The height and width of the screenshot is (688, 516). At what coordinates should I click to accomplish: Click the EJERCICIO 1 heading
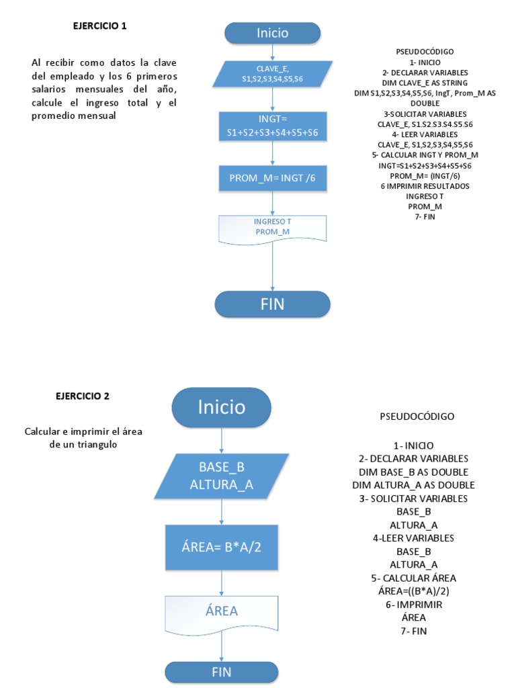[x=99, y=26]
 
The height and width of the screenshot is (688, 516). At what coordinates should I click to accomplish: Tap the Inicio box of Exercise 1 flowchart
[x=272, y=33]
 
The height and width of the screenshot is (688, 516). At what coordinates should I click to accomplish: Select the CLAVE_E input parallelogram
[x=272, y=74]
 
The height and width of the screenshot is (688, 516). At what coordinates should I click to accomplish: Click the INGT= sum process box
[x=272, y=126]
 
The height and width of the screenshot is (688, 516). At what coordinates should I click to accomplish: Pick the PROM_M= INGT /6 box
[x=272, y=178]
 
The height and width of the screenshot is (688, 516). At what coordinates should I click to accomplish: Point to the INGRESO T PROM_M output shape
[x=272, y=227]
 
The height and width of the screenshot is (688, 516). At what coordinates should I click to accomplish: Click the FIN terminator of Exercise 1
[x=272, y=304]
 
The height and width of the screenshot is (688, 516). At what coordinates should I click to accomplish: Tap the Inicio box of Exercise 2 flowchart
[x=221, y=408]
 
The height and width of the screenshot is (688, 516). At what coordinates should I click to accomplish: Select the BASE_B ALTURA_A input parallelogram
[x=221, y=476]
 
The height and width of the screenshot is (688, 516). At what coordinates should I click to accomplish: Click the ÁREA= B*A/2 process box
[x=221, y=546]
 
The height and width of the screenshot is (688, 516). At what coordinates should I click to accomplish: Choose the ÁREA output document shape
[x=221, y=611]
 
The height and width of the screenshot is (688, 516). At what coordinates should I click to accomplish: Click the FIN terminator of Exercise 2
[x=221, y=671]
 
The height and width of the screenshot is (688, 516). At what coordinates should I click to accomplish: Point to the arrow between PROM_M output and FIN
[x=272, y=265]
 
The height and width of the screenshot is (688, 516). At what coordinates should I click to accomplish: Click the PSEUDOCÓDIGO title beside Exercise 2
[x=417, y=417]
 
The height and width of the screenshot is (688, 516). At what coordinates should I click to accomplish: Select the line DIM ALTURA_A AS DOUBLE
[x=413, y=485]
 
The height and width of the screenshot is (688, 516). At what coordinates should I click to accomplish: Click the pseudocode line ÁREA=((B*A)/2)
[x=413, y=591]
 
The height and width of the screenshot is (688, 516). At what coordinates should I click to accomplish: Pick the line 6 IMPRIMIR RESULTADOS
[x=425, y=186]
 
